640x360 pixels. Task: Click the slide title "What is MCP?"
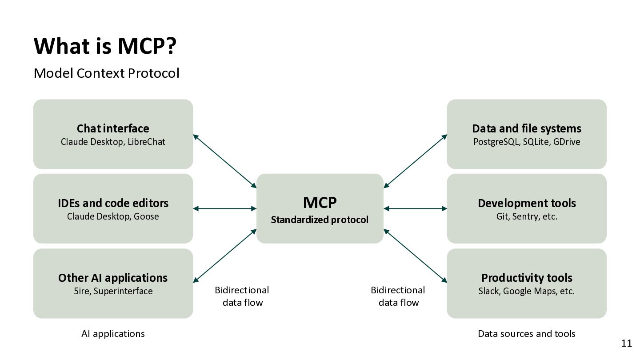click(x=105, y=46)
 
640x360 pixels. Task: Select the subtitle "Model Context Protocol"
click(x=106, y=73)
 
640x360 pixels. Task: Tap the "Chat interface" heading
click(x=113, y=128)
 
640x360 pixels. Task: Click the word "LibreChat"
click(x=146, y=142)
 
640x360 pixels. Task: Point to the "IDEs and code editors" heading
click(x=113, y=203)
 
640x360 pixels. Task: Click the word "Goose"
click(x=146, y=217)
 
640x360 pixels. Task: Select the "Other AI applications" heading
click(x=113, y=278)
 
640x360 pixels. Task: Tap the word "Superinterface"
click(x=123, y=292)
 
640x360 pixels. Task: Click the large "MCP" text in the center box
click(x=320, y=203)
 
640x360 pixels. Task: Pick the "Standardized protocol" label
click(x=320, y=220)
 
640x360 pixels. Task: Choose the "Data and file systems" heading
click(x=527, y=128)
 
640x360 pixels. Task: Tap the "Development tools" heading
click(x=527, y=203)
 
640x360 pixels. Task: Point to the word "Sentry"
click(x=526, y=217)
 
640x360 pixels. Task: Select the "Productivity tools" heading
click(x=527, y=278)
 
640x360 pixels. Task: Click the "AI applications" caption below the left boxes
click(x=113, y=334)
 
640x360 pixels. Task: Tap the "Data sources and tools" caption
click(x=527, y=334)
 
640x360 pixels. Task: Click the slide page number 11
click(x=626, y=343)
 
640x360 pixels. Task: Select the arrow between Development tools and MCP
click(x=415, y=208)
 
